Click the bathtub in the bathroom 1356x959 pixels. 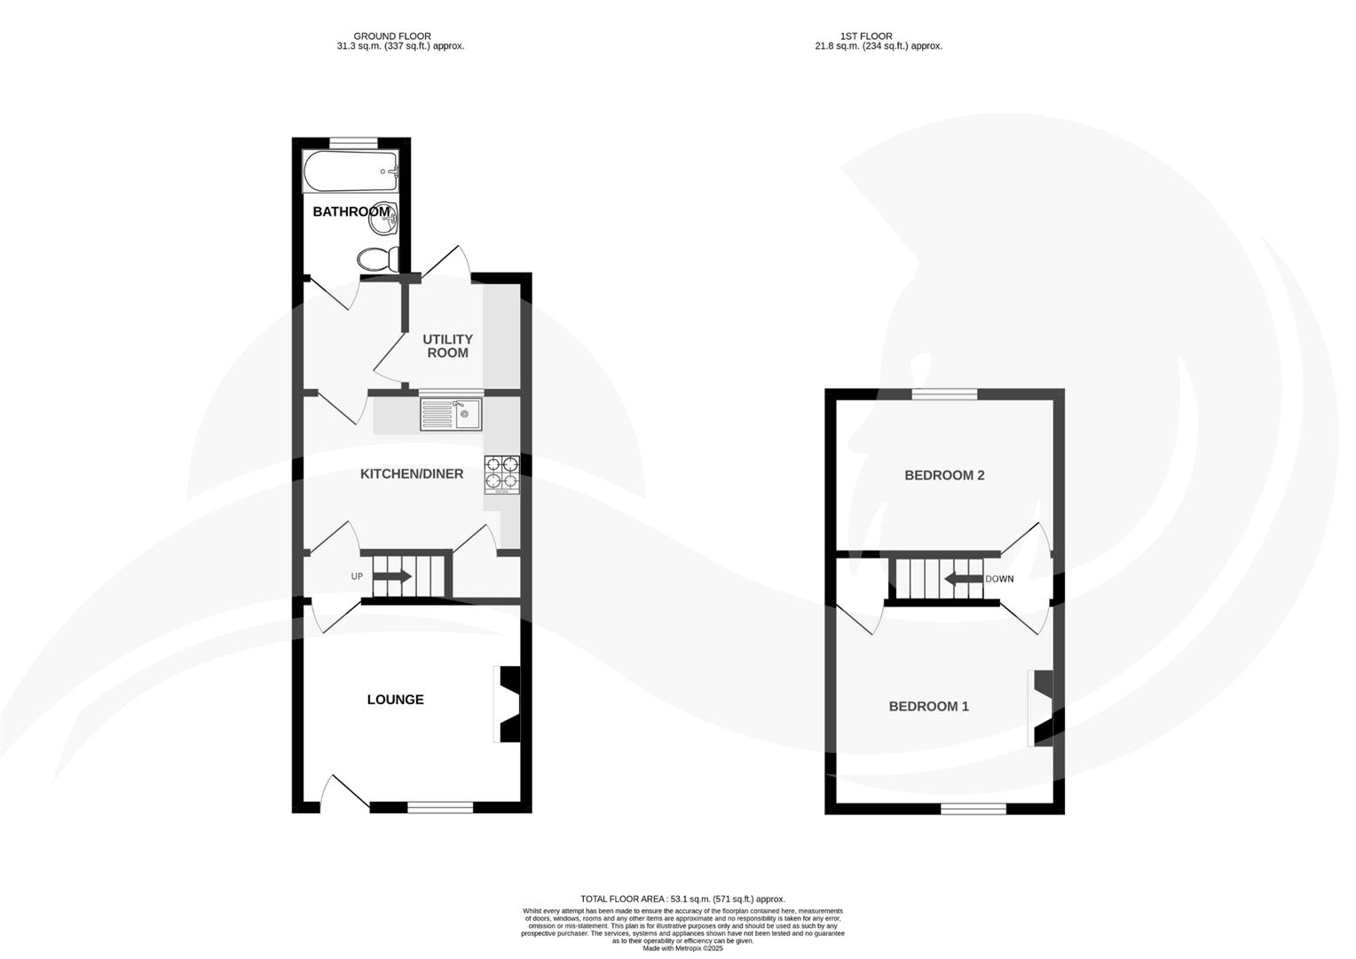[x=351, y=171]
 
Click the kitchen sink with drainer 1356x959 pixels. [x=451, y=415]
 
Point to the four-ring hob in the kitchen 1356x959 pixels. [x=501, y=473]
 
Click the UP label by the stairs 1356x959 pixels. [x=357, y=576]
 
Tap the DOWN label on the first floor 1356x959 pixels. [x=999, y=579]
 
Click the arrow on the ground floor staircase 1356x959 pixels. [x=392, y=576]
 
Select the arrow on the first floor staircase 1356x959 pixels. [x=961, y=580]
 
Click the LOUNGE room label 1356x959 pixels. [x=395, y=700]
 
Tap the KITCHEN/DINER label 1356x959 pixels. [x=411, y=474]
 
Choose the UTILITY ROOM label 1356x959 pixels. [x=447, y=346]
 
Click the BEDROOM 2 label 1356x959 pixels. [x=944, y=475]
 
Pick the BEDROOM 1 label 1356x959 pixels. [x=928, y=707]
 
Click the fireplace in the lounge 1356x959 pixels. [x=507, y=703]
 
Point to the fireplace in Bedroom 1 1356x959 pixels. [x=1040, y=708]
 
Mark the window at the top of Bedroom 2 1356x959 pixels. [x=944, y=394]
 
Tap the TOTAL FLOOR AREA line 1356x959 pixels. [x=682, y=899]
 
